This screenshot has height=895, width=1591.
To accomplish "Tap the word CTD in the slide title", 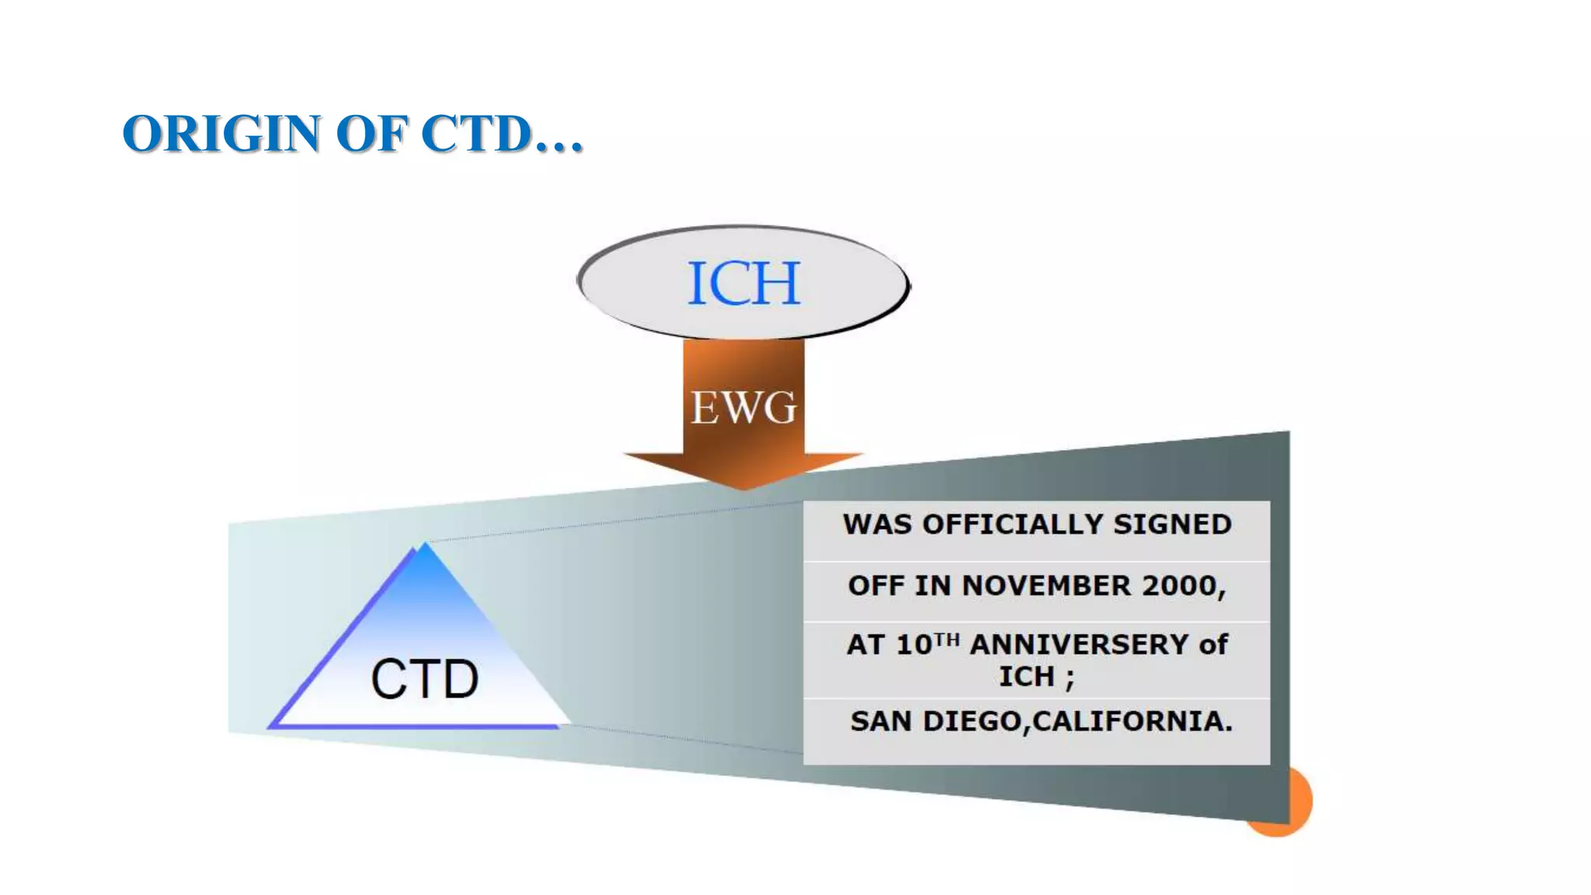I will pos(475,134).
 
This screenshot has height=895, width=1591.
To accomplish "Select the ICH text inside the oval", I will pos(743,283).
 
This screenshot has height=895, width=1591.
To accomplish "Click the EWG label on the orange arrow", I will pos(743,407).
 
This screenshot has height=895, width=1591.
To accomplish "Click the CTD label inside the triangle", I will pos(424,679).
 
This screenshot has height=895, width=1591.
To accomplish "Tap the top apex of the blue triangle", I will pos(424,545).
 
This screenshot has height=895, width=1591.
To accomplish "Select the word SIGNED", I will pos(1172,524).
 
